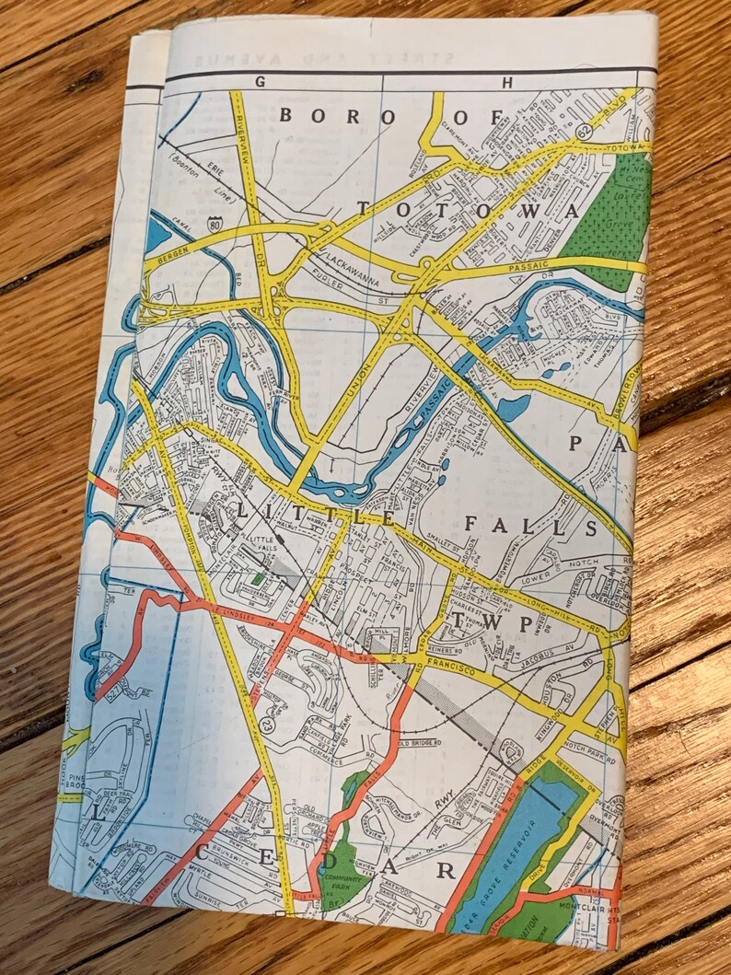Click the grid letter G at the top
[261, 81]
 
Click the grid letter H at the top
[505, 82]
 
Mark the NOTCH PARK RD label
[576, 737]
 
